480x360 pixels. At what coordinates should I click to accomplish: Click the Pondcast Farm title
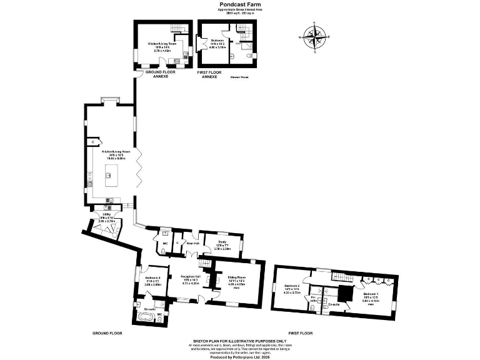click(239, 4)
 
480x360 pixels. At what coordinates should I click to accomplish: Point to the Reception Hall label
click(190, 277)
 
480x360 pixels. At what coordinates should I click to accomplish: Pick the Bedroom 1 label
click(371, 294)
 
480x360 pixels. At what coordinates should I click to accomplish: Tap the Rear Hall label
click(190, 243)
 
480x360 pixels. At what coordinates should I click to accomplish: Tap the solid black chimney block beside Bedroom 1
click(343, 293)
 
